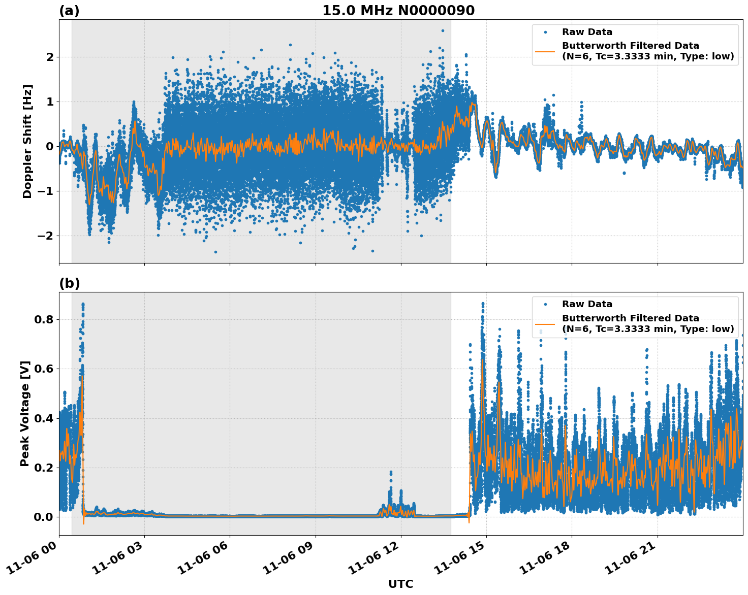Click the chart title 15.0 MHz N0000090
398,11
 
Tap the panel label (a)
69,11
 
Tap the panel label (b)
70,283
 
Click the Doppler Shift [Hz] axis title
27,141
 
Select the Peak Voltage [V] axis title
25,413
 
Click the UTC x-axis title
400,584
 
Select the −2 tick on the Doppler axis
45,236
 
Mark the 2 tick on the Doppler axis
50,57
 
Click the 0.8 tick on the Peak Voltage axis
43,320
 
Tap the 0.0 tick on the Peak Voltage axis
43,517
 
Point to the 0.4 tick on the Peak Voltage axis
43,418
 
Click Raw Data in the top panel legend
587,32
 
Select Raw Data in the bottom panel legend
587,304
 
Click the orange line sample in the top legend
545,51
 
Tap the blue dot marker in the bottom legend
545,304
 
